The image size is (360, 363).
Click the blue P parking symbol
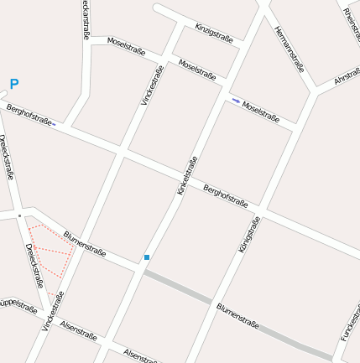13,84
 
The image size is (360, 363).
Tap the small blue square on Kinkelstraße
147,257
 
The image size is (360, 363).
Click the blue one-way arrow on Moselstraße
236,101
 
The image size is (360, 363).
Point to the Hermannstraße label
289,49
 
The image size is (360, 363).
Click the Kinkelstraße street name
187,176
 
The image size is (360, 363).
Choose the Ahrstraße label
347,77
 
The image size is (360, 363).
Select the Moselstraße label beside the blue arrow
261,111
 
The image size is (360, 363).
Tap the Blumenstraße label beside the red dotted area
85,244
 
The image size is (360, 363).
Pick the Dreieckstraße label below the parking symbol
7,157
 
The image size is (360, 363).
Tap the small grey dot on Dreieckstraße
19,215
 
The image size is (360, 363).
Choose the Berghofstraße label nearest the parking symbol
29,114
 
